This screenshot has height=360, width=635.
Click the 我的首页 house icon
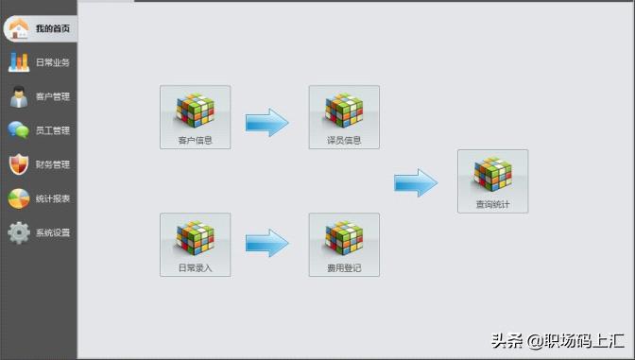[x=17, y=28]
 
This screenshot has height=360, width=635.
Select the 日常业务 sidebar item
[x=39, y=62]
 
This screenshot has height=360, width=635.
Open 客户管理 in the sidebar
[x=39, y=96]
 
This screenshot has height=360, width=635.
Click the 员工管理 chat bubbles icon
[x=18, y=130]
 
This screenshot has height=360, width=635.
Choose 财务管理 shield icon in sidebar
[x=18, y=164]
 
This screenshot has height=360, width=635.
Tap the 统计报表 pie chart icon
[x=18, y=198]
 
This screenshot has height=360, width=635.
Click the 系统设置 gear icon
[x=18, y=232]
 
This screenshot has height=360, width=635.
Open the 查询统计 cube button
[x=492, y=180]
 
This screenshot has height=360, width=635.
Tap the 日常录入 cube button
[x=195, y=244]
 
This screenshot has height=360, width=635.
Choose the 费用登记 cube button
[x=344, y=244]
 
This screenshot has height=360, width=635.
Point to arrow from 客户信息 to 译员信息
[x=267, y=122]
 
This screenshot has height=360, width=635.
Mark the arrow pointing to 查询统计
[x=416, y=182]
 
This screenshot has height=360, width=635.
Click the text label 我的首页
[x=52, y=28]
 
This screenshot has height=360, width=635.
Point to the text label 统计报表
[x=53, y=198]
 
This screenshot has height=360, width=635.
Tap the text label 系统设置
[x=53, y=232]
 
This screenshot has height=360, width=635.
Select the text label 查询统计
[x=492, y=204]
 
